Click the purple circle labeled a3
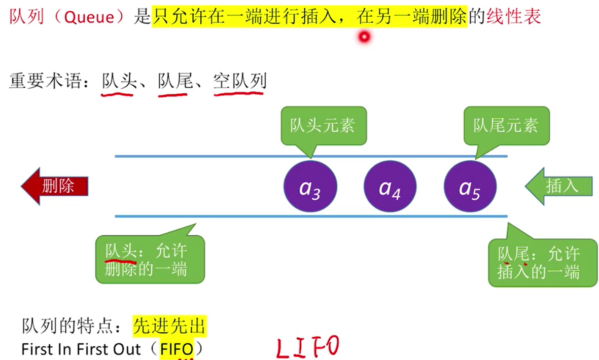pyautogui.click(x=309, y=186)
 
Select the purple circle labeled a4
pyautogui.click(x=390, y=186)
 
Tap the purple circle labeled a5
pyautogui.click(x=470, y=186)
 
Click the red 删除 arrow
pyautogui.click(x=55, y=186)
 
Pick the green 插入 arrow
pyautogui.click(x=559, y=186)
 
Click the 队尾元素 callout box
pyautogui.click(x=506, y=125)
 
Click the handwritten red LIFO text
pyautogui.click(x=307, y=347)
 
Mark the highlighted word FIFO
pyautogui.click(x=176, y=349)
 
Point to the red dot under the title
pyautogui.click(x=364, y=37)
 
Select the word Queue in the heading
pyautogui.click(x=89, y=17)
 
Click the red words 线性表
pyautogui.click(x=513, y=17)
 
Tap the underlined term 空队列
pyautogui.click(x=240, y=82)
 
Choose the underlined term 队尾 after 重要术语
pyautogui.click(x=175, y=82)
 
